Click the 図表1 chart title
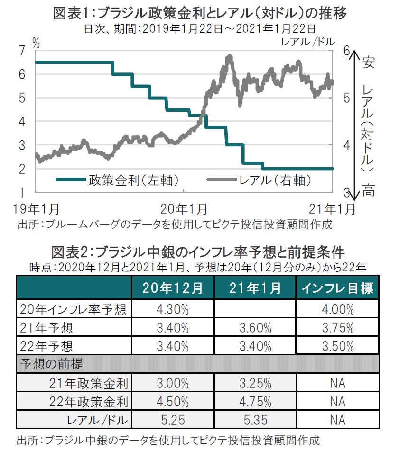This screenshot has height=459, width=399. pyautogui.click(x=200, y=13)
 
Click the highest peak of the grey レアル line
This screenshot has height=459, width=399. pyautogui.click(x=230, y=57)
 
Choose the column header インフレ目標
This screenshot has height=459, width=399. pyautogui.click(x=337, y=288)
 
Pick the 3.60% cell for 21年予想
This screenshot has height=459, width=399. pyautogui.click(x=255, y=327)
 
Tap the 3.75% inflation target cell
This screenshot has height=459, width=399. pyautogui.click(x=337, y=327)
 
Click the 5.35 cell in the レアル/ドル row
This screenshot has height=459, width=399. pyautogui.click(x=255, y=420)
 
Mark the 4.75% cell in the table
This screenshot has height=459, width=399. pyautogui.click(x=255, y=402)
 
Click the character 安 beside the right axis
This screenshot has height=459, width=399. pyautogui.click(x=368, y=62)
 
